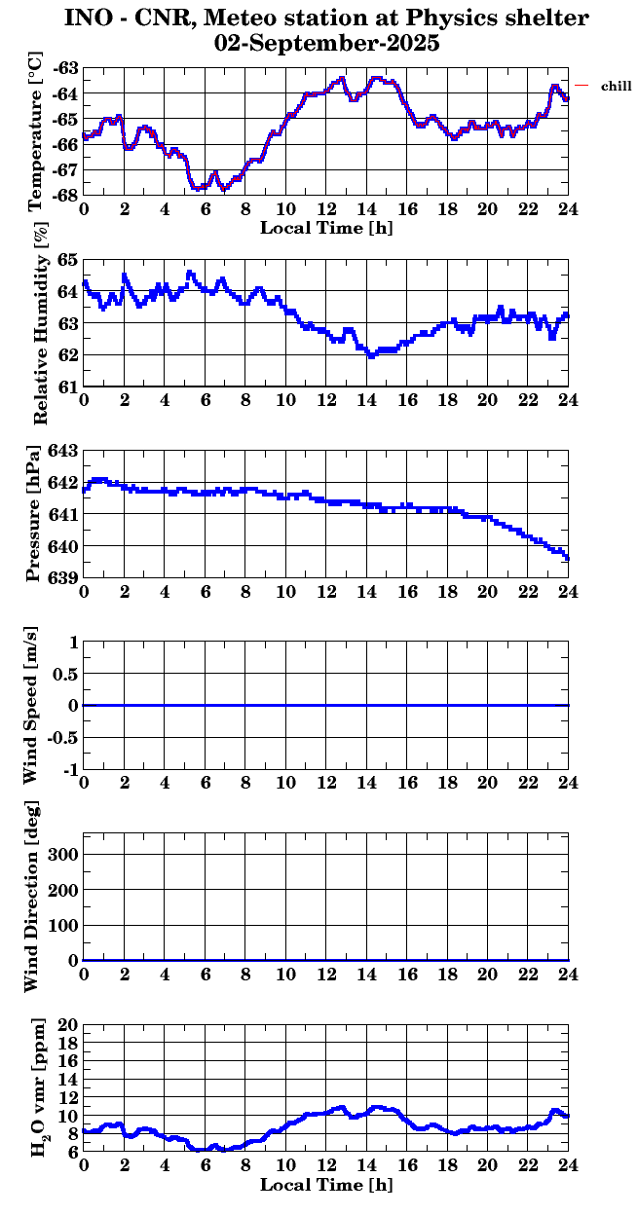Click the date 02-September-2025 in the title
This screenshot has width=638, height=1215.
(x=326, y=44)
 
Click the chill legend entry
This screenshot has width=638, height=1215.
(x=617, y=87)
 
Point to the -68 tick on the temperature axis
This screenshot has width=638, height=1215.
(x=67, y=195)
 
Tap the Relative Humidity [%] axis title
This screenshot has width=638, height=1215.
(x=40, y=322)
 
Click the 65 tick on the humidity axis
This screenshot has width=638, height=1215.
(x=67, y=259)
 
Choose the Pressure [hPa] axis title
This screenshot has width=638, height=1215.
(x=36, y=514)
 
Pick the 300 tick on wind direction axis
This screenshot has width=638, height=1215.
(x=62, y=854)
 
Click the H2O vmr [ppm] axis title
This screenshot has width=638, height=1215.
(x=39, y=1089)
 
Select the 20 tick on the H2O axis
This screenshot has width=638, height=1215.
(x=67, y=1025)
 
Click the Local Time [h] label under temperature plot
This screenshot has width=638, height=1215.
(x=326, y=228)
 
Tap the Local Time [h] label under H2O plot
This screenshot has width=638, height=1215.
(x=326, y=1185)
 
